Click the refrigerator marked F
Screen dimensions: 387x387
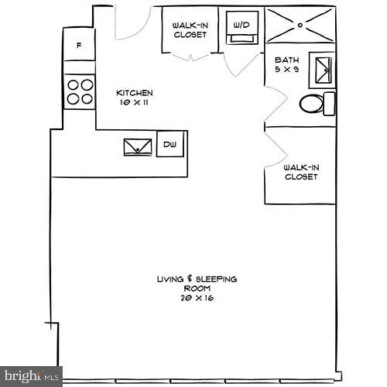coord(78,46)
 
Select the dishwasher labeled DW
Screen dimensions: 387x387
coord(170,144)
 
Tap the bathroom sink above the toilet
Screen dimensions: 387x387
coord(322,70)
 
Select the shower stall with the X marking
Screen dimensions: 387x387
coord(300,25)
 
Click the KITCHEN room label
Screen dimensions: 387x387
coord(134,92)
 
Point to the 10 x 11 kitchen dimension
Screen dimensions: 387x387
coord(134,101)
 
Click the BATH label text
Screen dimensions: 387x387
coord(286,60)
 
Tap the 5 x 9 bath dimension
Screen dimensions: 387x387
coord(286,69)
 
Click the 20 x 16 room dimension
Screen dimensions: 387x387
coord(197,297)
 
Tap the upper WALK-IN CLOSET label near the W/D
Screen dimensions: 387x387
coord(190,29)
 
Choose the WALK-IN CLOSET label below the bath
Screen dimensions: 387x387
coord(301,172)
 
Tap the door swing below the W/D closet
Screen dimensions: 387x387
coord(241,64)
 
